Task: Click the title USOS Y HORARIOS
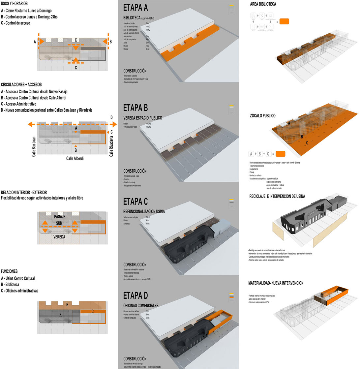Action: click(x=15, y=4)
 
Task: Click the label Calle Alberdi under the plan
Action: click(x=75, y=158)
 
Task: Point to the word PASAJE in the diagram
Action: click(x=59, y=217)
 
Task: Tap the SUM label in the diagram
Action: click(x=59, y=223)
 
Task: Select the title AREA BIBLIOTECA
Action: click(x=263, y=4)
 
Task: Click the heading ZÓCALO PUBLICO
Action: click(x=263, y=116)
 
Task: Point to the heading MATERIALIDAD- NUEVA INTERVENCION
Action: click(x=276, y=283)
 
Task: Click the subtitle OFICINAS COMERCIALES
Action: click(x=141, y=305)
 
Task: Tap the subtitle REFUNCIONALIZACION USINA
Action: click(x=144, y=211)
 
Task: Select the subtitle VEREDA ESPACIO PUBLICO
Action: click(x=143, y=118)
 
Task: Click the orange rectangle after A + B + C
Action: click(x=281, y=154)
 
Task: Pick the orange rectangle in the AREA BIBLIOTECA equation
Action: click(x=284, y=22)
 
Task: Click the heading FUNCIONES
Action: click(x=9, y=271)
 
